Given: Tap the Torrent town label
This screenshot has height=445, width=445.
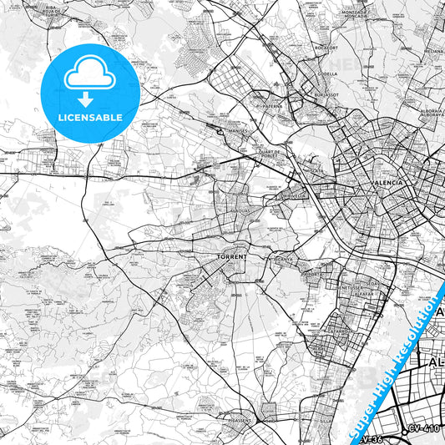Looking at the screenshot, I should (231, 257).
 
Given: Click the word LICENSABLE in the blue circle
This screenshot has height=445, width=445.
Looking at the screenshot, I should (90, 117).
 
